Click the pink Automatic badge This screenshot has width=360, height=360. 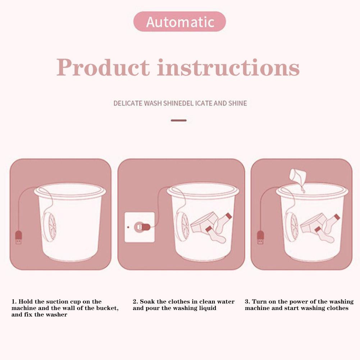[x=179, y=22]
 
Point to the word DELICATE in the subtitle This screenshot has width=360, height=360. [x=128, y=103]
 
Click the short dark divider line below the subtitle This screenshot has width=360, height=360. [x=179, y=120]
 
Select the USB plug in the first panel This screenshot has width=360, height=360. [x=19, y=237]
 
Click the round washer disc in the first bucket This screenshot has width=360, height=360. [x=49, y=226]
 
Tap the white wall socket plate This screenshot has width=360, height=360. [x=140, y=227]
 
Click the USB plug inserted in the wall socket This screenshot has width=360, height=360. [x=142, y=227]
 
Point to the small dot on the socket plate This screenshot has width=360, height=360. [x=128, y=227]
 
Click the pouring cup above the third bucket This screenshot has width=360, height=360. [x=298, y=176]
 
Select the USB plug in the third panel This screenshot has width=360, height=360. [x=260, y=237]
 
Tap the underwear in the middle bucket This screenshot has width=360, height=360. [x=204, y=222]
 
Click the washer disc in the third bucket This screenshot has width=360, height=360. [x=292, y=227]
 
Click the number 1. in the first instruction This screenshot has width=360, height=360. [x=14, y=301]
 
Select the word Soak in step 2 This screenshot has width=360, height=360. [x=147, y=301]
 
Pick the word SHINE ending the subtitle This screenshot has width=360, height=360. [x=238, y=103]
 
